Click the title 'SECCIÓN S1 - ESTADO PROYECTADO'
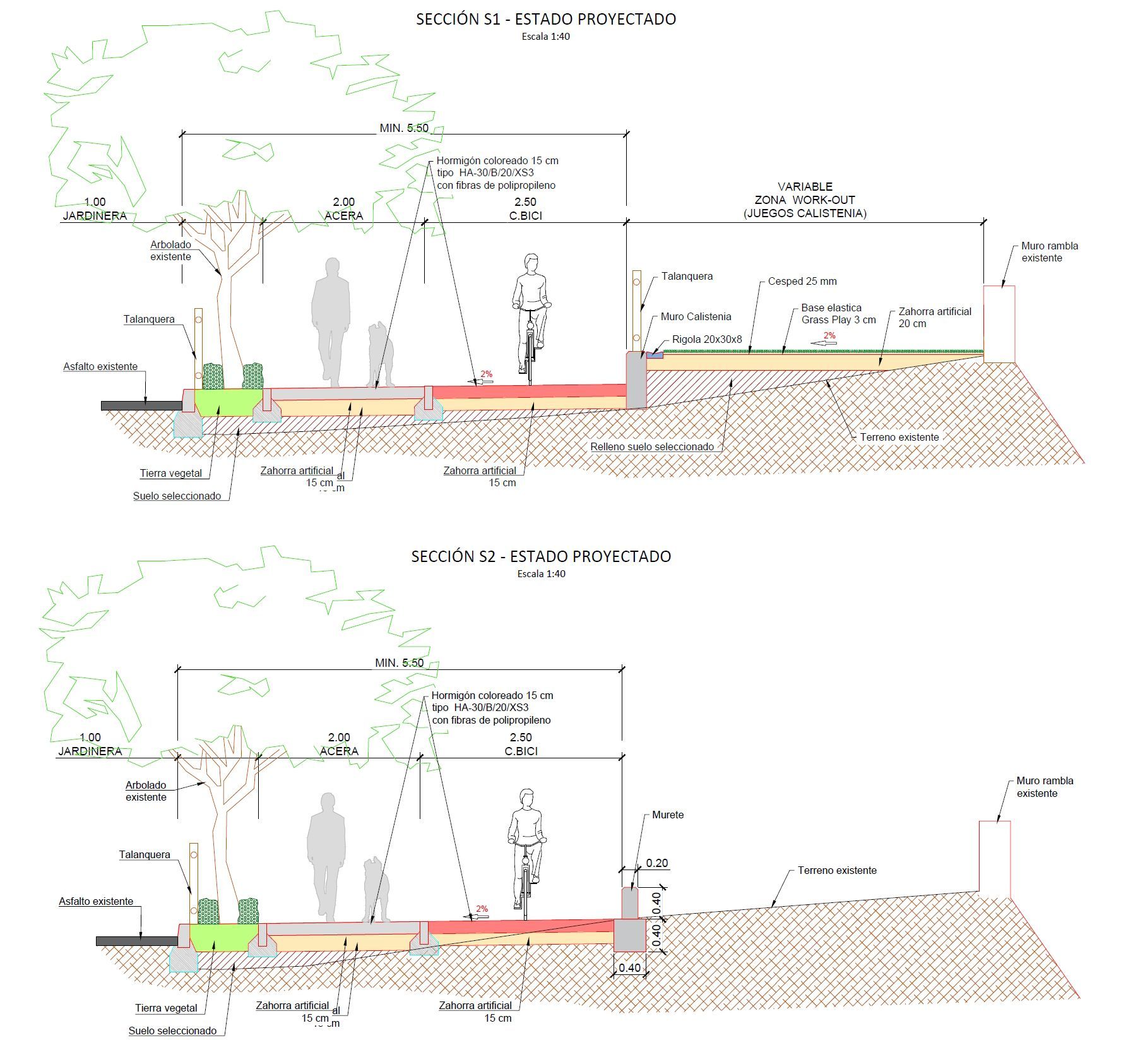point(546,20)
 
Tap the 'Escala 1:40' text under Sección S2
point(541,574)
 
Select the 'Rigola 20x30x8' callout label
point(707,340)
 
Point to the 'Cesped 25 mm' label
point(802,282)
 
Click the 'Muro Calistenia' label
point(696,317)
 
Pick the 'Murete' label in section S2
point(668,815)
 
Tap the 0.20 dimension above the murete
point(656,863)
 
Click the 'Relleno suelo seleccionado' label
point(652,447)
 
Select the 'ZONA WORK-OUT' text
point(805,200)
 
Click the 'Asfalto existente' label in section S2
point(96,902)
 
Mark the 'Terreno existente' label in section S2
point(837,871)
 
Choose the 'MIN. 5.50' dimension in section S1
point(404,128)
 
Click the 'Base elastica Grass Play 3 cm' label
point(838,314)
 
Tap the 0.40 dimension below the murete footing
point(629,968)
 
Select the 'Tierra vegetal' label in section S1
point(171,474)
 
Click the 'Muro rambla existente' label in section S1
point(1050,252)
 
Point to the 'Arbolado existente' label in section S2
point(146,791)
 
